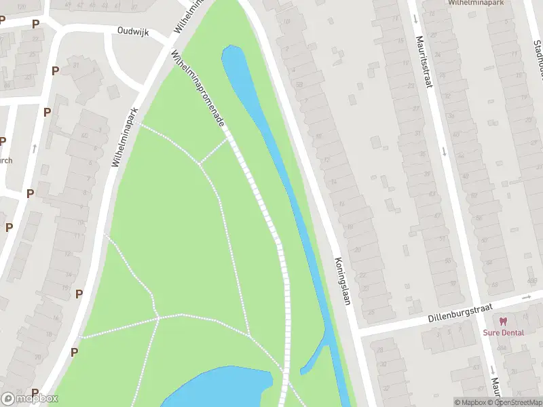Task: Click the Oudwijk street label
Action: (132, 31)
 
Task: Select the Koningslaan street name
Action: (341, 281)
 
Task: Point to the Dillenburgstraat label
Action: (460, 313)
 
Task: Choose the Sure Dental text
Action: (503, 332)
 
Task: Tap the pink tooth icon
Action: (503, 322)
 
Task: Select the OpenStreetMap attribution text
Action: (516, 402)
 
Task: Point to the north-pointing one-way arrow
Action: (34, 147)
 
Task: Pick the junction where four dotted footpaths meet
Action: (158, 317)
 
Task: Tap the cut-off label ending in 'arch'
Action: (6, 161)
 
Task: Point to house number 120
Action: (298, 85)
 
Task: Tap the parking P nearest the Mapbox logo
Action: (35, 393)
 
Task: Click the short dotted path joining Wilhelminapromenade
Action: (214, 151)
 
